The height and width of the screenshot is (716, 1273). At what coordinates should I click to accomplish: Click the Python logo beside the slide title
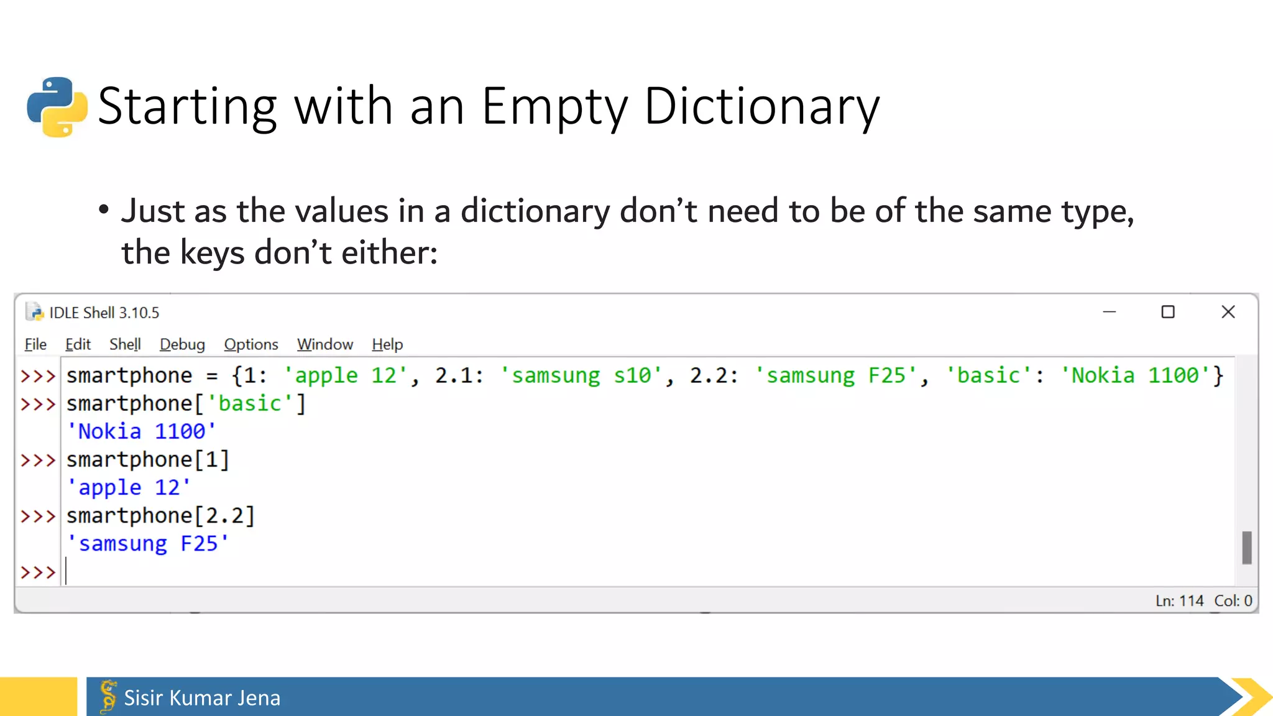(57, 106)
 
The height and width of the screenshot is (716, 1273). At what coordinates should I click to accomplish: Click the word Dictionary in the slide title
(761, 106)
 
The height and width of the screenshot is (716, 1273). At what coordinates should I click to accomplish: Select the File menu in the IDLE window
(35, 344)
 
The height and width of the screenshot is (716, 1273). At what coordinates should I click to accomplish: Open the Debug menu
(182, 344)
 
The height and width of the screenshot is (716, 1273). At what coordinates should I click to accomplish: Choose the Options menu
(251, 344)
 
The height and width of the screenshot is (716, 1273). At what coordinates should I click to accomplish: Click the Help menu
(387, 344)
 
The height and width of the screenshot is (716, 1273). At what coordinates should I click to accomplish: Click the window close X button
(1228, 312)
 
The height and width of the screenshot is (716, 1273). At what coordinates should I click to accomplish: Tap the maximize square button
(1168, 312)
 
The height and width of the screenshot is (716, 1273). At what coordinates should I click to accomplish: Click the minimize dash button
(1110, 312)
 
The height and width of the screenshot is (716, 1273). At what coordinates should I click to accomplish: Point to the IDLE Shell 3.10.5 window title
(104, 313)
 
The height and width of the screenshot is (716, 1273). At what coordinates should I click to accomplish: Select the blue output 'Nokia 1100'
(142, 431)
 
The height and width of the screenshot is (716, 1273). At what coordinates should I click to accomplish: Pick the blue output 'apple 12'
(129, 487)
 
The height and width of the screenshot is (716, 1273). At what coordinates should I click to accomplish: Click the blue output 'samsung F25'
(148, 544)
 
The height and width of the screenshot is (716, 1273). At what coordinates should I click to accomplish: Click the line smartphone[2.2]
(160, 516)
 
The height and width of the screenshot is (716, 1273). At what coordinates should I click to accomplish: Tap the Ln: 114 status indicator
(1179, 601)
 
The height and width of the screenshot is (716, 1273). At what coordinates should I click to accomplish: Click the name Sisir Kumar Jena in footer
(202, 698)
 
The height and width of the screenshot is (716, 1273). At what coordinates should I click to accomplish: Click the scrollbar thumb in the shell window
(1246, 548)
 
